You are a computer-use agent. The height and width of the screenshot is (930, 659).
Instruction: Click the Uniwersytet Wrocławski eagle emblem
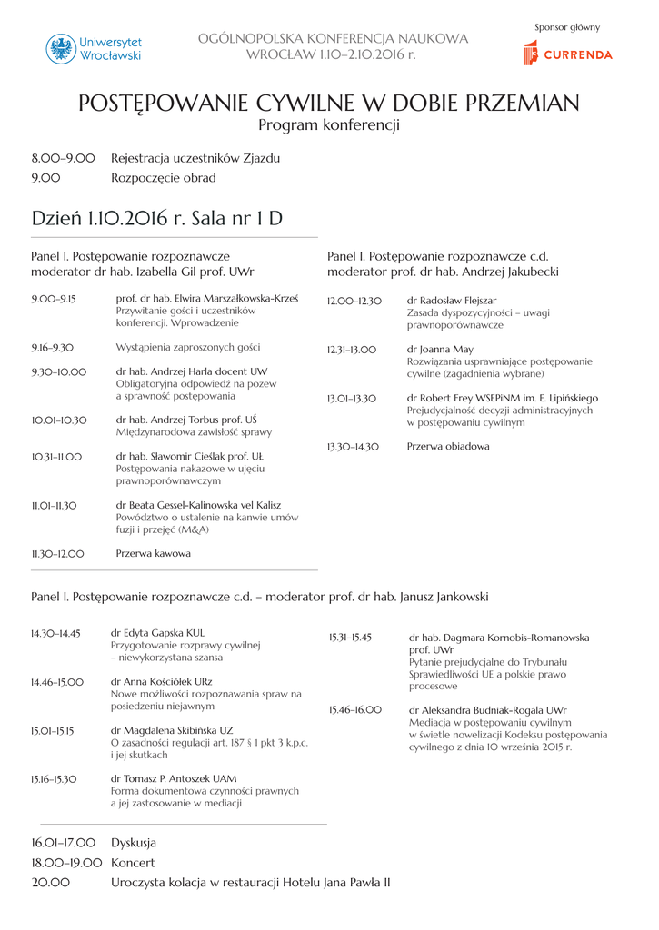click(61, 49)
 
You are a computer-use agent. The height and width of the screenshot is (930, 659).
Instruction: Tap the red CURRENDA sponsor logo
click(568, 54)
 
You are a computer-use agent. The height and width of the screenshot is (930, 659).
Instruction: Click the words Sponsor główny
click(567, 27)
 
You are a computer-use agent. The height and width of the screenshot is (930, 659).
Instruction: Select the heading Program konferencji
click(329, 125)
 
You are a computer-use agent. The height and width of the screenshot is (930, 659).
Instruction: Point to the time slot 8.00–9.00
click(63, 158)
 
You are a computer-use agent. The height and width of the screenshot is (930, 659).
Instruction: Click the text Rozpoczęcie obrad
click(164, 178)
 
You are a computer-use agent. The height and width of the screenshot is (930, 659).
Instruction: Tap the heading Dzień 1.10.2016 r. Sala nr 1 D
click(156, 219)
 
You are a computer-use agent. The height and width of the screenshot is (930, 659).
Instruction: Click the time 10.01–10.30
click(59, 420)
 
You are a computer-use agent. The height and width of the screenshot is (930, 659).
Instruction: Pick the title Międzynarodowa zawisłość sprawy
click(194, 432)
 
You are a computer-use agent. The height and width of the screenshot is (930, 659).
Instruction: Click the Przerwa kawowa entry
click(154, 553)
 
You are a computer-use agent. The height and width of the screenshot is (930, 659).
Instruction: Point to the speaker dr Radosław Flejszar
click(452, 301)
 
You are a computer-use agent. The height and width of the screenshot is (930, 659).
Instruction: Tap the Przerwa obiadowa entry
click(448, 447)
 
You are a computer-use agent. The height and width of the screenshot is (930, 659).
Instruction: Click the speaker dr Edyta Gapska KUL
click(157, 634)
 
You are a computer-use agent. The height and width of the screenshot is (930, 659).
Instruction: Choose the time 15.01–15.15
click(53, 730)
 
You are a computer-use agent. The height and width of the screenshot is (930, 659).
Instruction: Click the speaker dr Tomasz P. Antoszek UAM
click(174, 779)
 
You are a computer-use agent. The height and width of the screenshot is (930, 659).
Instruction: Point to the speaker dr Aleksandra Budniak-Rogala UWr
click(488, 710)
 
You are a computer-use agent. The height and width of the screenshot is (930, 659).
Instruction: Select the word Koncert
click(133, 863)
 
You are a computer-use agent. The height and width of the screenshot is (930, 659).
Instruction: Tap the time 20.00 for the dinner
click(50, 883)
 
